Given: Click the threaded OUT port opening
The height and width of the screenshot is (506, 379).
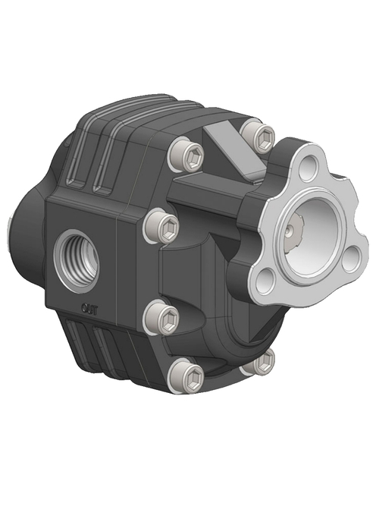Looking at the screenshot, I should [76, 254].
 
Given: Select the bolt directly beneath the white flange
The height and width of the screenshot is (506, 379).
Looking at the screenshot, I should [260, 363].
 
